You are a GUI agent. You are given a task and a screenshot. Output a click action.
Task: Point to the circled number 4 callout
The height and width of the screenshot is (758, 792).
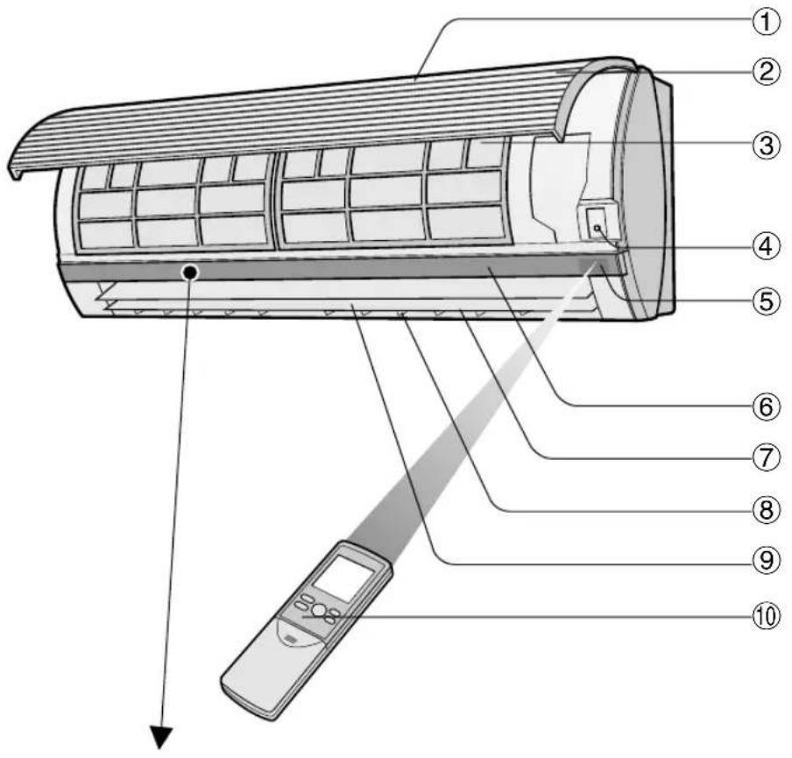coord(766,249)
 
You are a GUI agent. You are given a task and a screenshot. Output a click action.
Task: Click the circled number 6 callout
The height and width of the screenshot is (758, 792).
coord(766,407)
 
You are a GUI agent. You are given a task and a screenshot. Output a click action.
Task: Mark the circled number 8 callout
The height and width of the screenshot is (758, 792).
coord(766,509)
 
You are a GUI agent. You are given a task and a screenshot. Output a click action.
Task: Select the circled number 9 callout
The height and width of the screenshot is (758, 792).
coord(766,558)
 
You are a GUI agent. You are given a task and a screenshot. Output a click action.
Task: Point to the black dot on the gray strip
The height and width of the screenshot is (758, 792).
coord(188,273)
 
